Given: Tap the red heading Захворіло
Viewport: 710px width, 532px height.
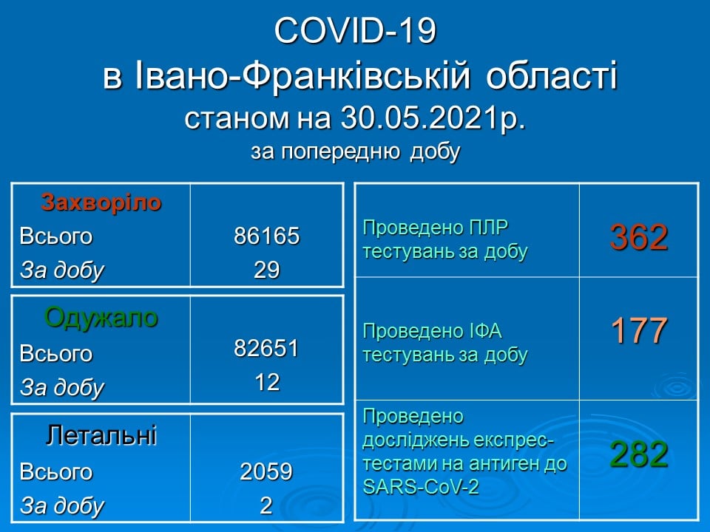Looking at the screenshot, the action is [x=101, y=202].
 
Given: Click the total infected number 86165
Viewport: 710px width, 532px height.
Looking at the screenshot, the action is [x=267, y=236].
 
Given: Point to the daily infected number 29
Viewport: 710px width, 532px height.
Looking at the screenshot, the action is [x=267, y=270].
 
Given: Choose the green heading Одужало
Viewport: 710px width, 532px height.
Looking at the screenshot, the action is [x=101, y=318].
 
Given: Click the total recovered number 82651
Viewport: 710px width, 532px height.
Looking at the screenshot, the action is [x=267, y=348].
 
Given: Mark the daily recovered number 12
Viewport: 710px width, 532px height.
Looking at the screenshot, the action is [x=267, y=382].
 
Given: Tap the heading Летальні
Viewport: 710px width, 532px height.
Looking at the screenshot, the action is [x=101, y=435].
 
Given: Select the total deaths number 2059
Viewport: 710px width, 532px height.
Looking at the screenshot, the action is [x=266, y=471].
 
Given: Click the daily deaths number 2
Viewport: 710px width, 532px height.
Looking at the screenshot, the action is [x=266, y=505].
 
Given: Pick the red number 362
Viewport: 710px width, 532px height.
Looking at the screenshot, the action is [x=639, y=237].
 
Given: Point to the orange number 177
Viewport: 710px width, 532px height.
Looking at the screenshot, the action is [x=639, y=330].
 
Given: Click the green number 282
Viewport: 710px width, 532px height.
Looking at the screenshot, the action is [x=639, y=454].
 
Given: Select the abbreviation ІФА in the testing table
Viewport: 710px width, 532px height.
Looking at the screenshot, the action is [x=483, y=331].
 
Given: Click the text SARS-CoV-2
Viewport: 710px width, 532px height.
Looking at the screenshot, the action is [x=421, y=487].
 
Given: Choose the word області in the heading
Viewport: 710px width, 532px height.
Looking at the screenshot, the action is [x=552, y=75].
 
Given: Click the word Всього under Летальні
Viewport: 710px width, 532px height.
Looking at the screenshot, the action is [x=56, y=472].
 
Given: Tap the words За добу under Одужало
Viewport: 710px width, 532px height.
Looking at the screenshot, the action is [x=62, y=388].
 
